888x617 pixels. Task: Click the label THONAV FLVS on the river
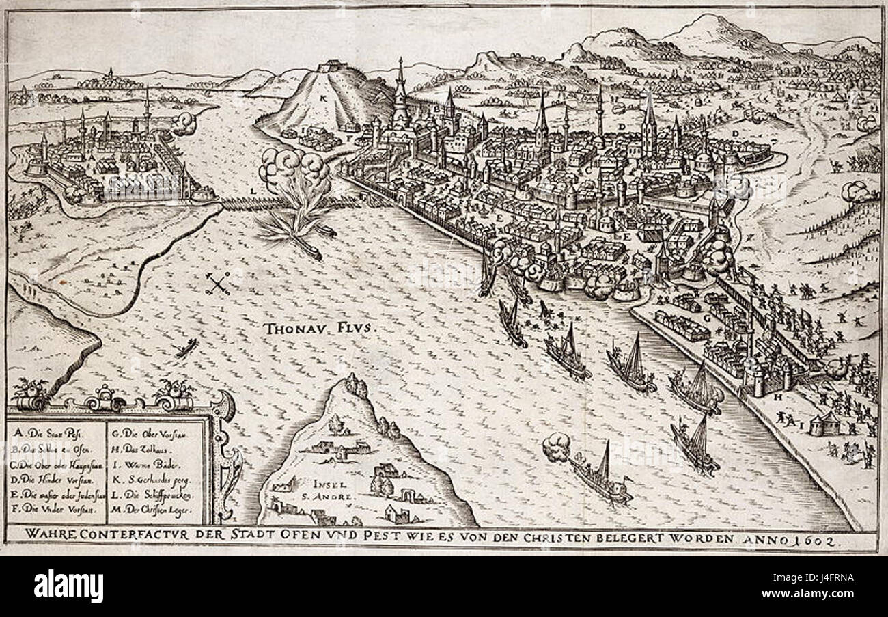click(x=318, y=329)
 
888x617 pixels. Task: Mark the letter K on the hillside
click(x=322, y=97)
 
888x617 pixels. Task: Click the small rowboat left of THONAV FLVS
click(x=186, y=348)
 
